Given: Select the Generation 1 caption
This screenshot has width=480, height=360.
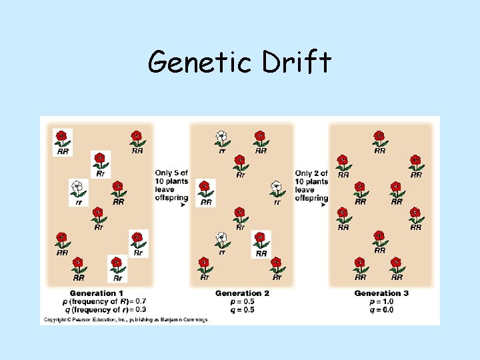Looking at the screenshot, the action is coord(97,293).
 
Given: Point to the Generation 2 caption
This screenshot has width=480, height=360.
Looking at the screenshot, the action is coord(242,293).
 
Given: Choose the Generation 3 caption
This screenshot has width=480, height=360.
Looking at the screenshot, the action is coord(381,293).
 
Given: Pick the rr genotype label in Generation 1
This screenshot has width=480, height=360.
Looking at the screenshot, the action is coord(79,201).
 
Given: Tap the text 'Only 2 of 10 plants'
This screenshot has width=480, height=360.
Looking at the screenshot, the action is coord(312,177).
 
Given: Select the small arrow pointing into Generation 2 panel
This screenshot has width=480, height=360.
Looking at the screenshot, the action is coord(183,205).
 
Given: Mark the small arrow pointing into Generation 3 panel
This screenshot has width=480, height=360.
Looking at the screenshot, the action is coord(323,205).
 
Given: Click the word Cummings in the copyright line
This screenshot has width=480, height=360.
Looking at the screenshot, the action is coord(193,320).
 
